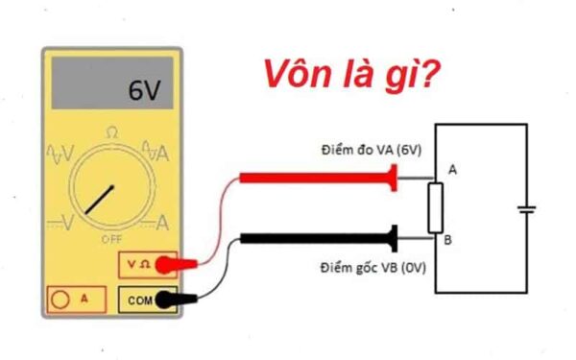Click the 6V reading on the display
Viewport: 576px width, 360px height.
click(x=146, y=92)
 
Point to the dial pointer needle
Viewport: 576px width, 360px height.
click(x=99, y=198)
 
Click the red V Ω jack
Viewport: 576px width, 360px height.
click(x=140, y=262)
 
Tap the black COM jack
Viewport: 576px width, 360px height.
click(x=140, y=300)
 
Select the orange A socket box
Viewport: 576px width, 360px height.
click(x=74, y=299)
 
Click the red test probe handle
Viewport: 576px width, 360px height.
click(x=316, y=178)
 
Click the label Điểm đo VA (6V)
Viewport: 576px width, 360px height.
click(x=370, y=153)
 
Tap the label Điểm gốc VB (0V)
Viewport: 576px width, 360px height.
click(x=369, y=265)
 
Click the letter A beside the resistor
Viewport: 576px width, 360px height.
click(x=452, y=169)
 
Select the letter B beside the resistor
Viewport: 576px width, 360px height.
click(x=447, y=239)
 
